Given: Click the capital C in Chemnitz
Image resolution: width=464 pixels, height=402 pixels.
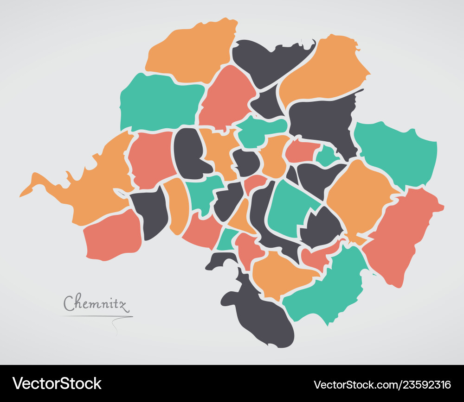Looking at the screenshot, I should [x=70, y=303].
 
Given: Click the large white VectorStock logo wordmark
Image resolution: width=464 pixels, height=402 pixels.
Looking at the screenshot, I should [x=57, y=383].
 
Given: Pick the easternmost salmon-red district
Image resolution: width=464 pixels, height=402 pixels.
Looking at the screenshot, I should [x=404, y=236].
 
